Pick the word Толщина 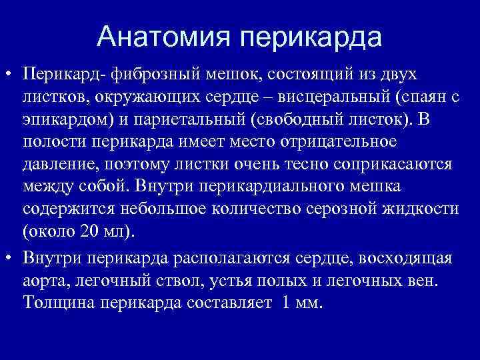[58, 303]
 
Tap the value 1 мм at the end [302, 303]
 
